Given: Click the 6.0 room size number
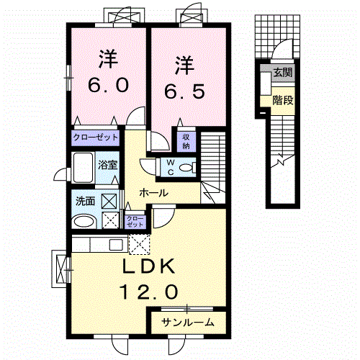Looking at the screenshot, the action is (109, 86).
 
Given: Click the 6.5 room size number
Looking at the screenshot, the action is (184, 91).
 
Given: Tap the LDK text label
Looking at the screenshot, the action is (148, 266).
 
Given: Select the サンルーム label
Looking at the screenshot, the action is (188, 323).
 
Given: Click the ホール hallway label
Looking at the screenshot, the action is (153, 193).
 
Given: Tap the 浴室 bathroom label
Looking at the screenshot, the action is (107, 165).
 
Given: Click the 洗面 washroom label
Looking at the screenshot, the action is (85, 201).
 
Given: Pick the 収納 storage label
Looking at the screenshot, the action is (186, 142).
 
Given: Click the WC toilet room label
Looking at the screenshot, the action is (171, 168).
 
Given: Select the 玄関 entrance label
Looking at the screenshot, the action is (283, 72).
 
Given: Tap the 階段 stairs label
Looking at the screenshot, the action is (283, 100).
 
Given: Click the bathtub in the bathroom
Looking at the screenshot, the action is (83, 168).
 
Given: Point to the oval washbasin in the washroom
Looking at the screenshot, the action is (84, 221).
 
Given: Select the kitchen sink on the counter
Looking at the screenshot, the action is (116, 245).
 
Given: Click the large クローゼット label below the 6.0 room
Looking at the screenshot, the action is (96, 138).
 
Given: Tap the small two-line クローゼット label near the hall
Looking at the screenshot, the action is (135, 222).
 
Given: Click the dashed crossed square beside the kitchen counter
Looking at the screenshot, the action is (140, 244).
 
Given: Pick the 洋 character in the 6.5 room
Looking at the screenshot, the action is (184, 65).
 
